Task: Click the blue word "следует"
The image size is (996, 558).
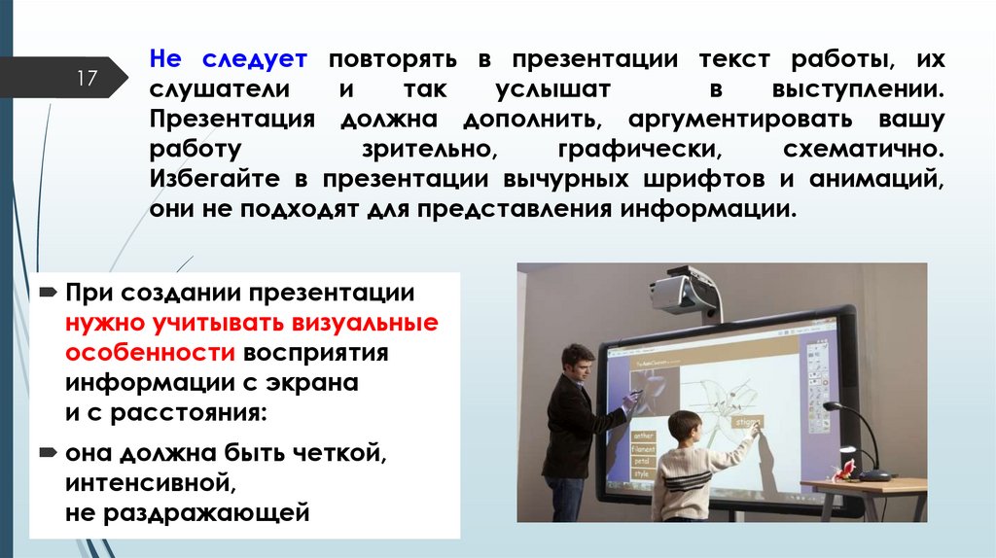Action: coord(256,58)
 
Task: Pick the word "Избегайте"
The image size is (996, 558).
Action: coord(209,181)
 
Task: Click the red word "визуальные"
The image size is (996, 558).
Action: coord(371,322)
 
